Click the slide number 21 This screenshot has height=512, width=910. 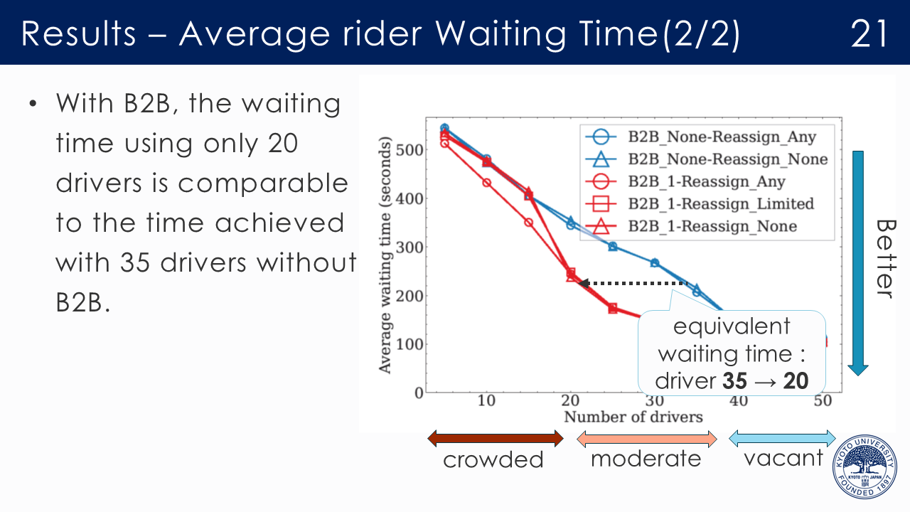[x=869, y=33]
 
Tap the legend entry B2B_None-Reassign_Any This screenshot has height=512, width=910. [x=722, y=137]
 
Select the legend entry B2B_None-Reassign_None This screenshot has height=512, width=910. [x=727, y=159]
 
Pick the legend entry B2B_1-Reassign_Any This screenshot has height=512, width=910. [x=706, y=181]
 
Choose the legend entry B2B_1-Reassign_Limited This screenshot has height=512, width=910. [x=720, y=204]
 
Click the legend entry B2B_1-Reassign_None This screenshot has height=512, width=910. [x=712, y=226]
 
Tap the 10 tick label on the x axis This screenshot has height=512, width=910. [x=486, y=401]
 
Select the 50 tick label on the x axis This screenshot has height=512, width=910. [x=823, y=401]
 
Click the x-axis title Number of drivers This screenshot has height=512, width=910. [x=633, y=417]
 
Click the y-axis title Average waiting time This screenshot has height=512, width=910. [x=385, y=256]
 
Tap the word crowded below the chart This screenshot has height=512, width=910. [x=493, y=459]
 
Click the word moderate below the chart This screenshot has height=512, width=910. [x=646, y=459]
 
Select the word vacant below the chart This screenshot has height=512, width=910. [x=783, y=458]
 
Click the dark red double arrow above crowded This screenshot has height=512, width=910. [x=495, y=438]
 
